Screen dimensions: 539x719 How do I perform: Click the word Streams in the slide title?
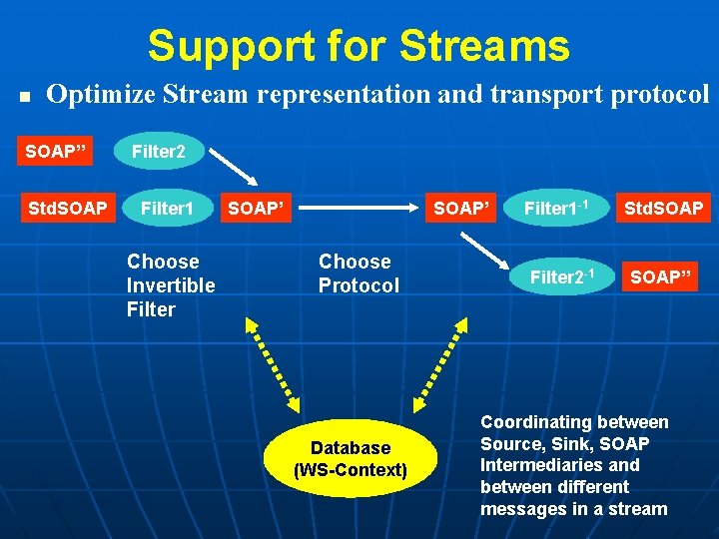(484, 46)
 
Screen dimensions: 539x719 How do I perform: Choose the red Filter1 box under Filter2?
(166, 209)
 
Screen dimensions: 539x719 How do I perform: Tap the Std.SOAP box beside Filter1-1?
(663, 209)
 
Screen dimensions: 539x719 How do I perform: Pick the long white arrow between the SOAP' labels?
(359, 210)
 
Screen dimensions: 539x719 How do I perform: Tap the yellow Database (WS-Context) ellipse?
(350, 458)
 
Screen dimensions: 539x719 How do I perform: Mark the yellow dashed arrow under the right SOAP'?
(441, 362)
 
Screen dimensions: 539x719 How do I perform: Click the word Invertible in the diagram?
(171, 285)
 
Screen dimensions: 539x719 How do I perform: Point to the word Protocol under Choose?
(359, 285)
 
